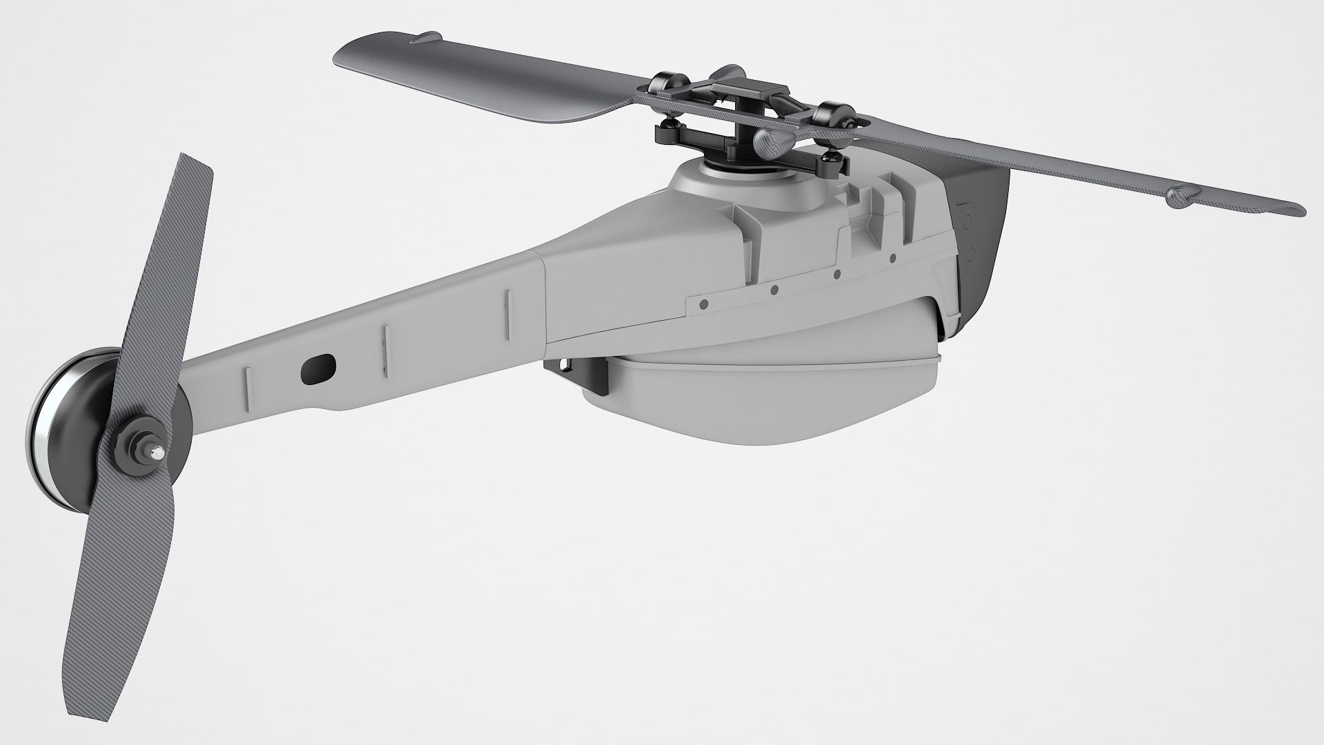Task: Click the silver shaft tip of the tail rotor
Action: pos(159,453)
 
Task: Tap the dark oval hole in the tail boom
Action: pos(318,368)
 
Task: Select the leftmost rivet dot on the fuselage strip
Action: pos(703,304)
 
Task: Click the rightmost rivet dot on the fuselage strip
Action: pos(892,259)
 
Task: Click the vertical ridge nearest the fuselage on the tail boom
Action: pos(508,313)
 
